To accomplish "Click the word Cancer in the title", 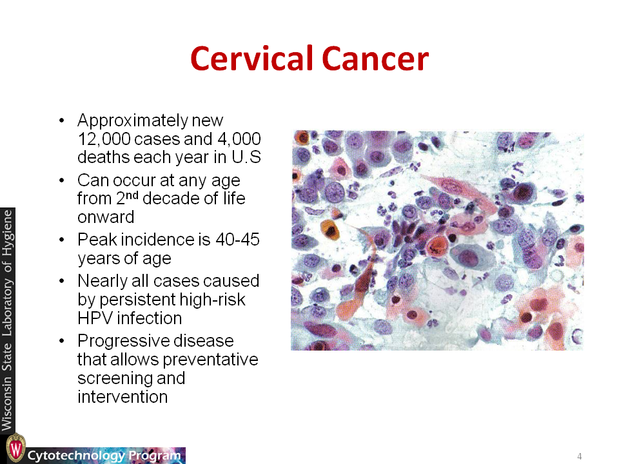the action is [375, 59].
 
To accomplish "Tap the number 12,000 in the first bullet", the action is [104, 139].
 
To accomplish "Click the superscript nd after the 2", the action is [132, 195].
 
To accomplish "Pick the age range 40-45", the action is [237, 240].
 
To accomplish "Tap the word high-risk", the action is [212, 300].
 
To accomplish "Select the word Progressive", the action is [155, 341].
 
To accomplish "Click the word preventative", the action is [210, 360].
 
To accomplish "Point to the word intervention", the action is [123, 397].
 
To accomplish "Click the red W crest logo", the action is [15, 449].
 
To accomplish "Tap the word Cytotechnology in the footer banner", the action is [76, 456].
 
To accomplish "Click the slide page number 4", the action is [580, 456].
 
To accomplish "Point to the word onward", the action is [106, 217].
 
